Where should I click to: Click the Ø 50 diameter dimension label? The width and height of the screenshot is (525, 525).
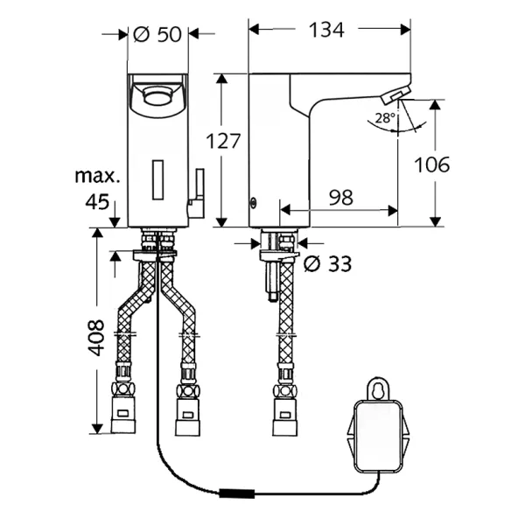[157, 34]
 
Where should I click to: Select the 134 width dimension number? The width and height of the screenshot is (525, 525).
[326, 30]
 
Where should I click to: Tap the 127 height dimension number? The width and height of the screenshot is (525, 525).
[223, 141]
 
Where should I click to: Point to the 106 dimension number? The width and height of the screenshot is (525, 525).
[432, 164]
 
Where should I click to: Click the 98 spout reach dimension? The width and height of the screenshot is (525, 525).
[341, 198]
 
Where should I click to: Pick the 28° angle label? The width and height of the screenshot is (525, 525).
[385, 118]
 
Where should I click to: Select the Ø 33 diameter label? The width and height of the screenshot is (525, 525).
[327, 264]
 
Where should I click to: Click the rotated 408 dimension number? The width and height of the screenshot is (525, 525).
[96, 338]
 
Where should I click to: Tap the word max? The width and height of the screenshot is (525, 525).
[97, 176]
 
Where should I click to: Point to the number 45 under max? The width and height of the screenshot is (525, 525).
[97, 202]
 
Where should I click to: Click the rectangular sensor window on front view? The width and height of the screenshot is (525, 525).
[157, 179]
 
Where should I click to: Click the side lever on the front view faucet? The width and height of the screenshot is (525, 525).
[197, 193]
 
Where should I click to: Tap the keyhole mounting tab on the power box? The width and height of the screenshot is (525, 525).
[378, 388]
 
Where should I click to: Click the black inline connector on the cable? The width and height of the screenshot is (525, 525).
[237, 493]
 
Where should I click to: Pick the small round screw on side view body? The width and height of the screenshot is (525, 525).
[254, 202]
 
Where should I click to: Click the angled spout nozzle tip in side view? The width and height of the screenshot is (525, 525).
[395, 94]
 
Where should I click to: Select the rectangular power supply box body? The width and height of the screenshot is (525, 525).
[378, 435]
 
